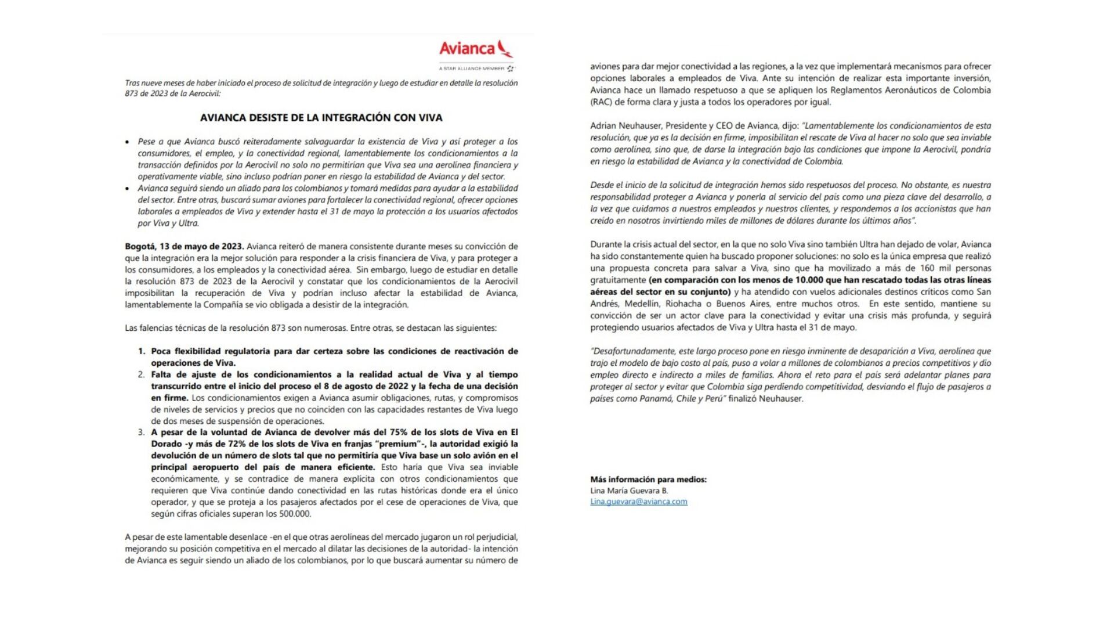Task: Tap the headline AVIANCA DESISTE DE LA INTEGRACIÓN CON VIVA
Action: click(321, 118)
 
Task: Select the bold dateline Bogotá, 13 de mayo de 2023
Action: click(184, 246)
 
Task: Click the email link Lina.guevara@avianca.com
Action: click(638, 502)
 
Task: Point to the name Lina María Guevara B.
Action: click(629, 491)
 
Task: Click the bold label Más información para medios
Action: click(648, 480)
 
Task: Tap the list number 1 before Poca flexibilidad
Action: click(141, 351)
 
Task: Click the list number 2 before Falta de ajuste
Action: click(141, 374)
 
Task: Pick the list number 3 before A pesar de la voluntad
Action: click(141, 433)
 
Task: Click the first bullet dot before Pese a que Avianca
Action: click(128, 142)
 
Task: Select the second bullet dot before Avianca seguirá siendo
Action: click(128, 189)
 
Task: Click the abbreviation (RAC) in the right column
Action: click(601, 102)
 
